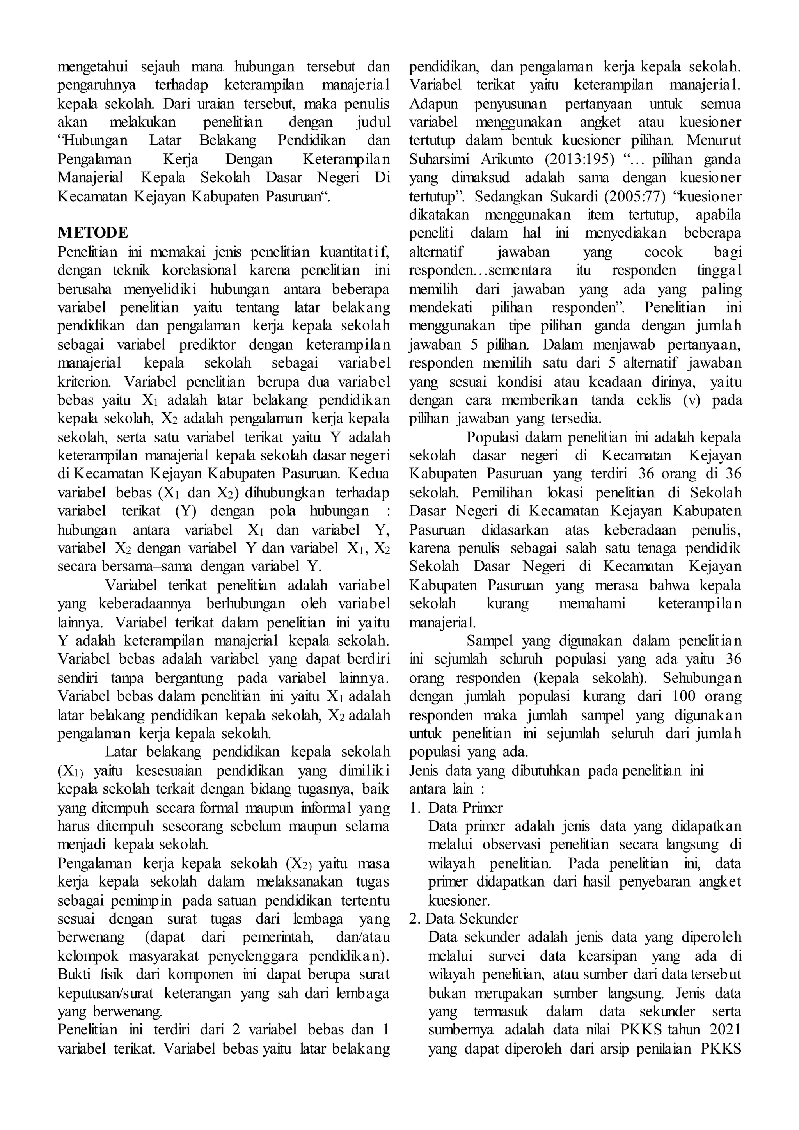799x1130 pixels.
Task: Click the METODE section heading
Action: click(92, 232)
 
